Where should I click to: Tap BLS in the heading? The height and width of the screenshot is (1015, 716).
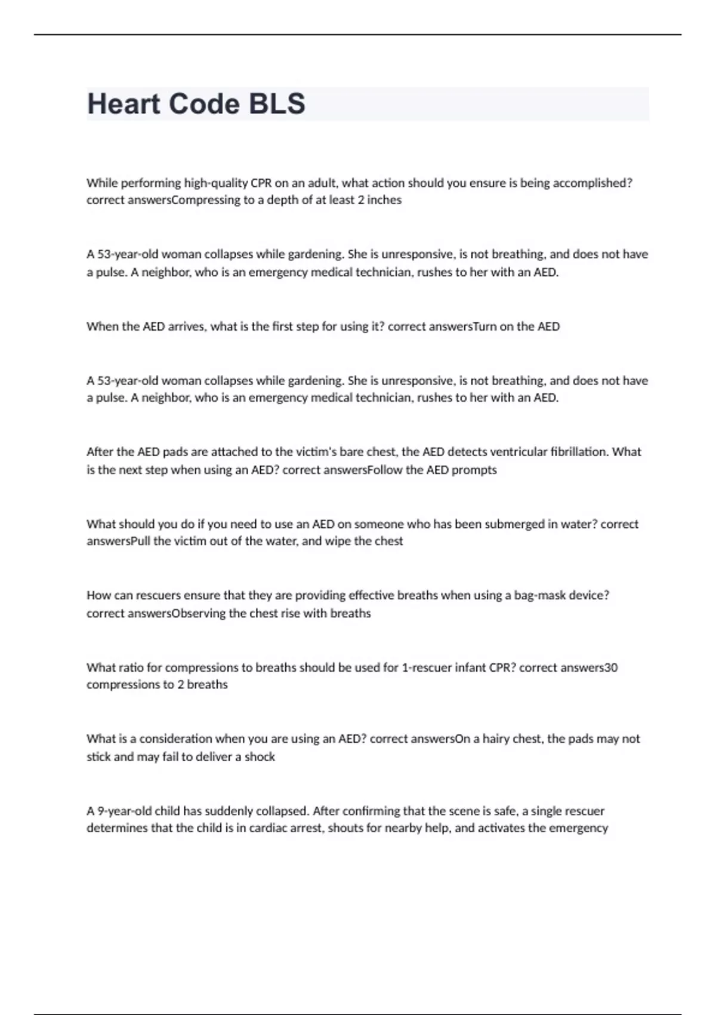pyautogui.click(x=276, y=104)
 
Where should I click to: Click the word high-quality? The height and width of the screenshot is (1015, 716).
pyautogui.click(x=216, y=183)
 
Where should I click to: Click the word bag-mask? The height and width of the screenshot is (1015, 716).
pyautogui.click(x=537, y=595)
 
